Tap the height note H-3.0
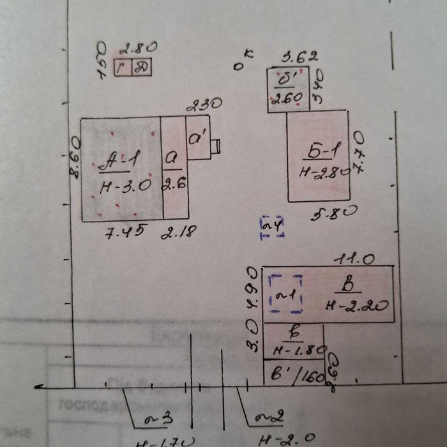[x=125, y=186]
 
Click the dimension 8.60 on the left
[x=75, y=156]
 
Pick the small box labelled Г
[x=123, y=67]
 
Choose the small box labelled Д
[x=142, y=67]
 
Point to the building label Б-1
[x=323, y=151]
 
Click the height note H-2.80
[x=324, y=172]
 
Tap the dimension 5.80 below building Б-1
[x=333, y=214]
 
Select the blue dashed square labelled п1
[x=285, y=294]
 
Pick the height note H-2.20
[x=358, y=305]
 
